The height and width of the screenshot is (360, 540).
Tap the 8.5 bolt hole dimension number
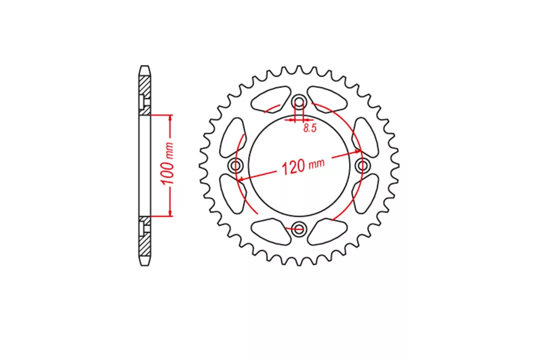309,128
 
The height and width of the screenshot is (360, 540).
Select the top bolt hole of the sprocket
299,102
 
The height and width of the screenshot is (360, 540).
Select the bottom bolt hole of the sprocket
298,228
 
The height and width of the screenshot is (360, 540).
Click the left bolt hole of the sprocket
236,165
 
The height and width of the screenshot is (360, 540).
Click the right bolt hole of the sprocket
362,165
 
